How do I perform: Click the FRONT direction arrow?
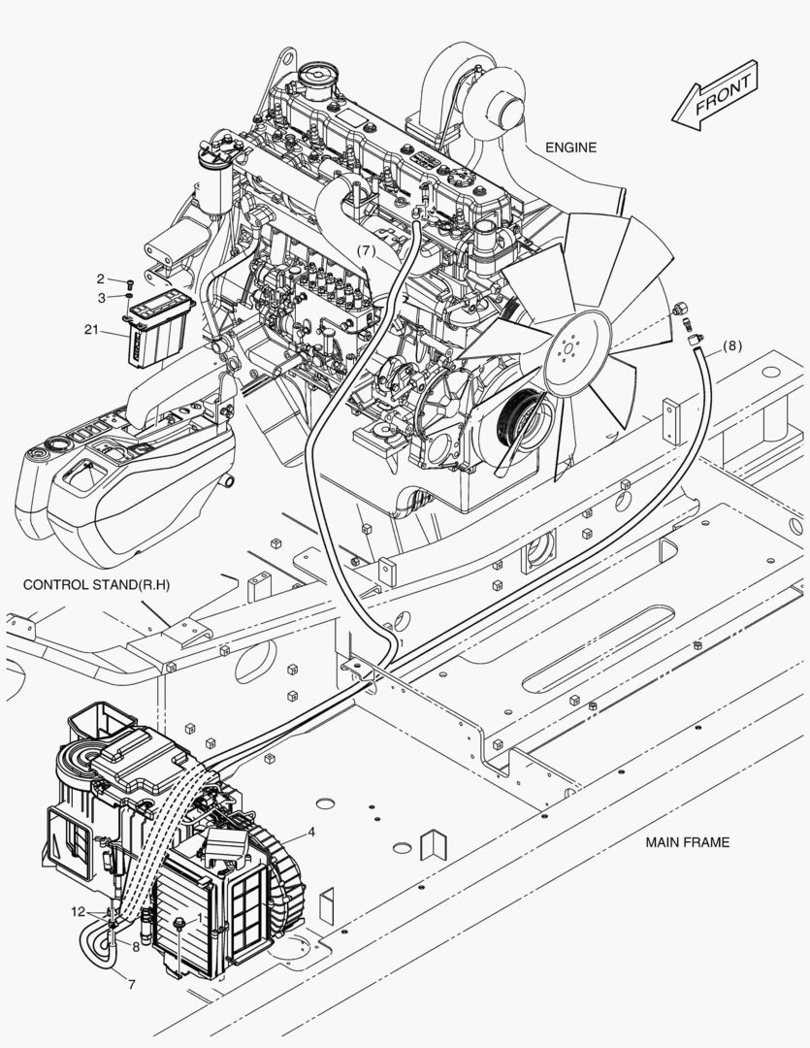point(715,95)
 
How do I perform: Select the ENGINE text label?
point(569,147)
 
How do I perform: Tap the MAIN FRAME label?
point(687,842)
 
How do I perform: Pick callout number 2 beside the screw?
point(113,278)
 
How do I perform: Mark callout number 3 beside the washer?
point(113,297)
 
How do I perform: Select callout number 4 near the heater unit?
point(311,832)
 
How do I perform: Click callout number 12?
point(78,911)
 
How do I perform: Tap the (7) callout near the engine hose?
point(365,250)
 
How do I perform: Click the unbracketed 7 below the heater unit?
point(132,984)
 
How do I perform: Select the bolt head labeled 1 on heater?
point(178,920)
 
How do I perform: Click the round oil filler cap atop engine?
point(314,74)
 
